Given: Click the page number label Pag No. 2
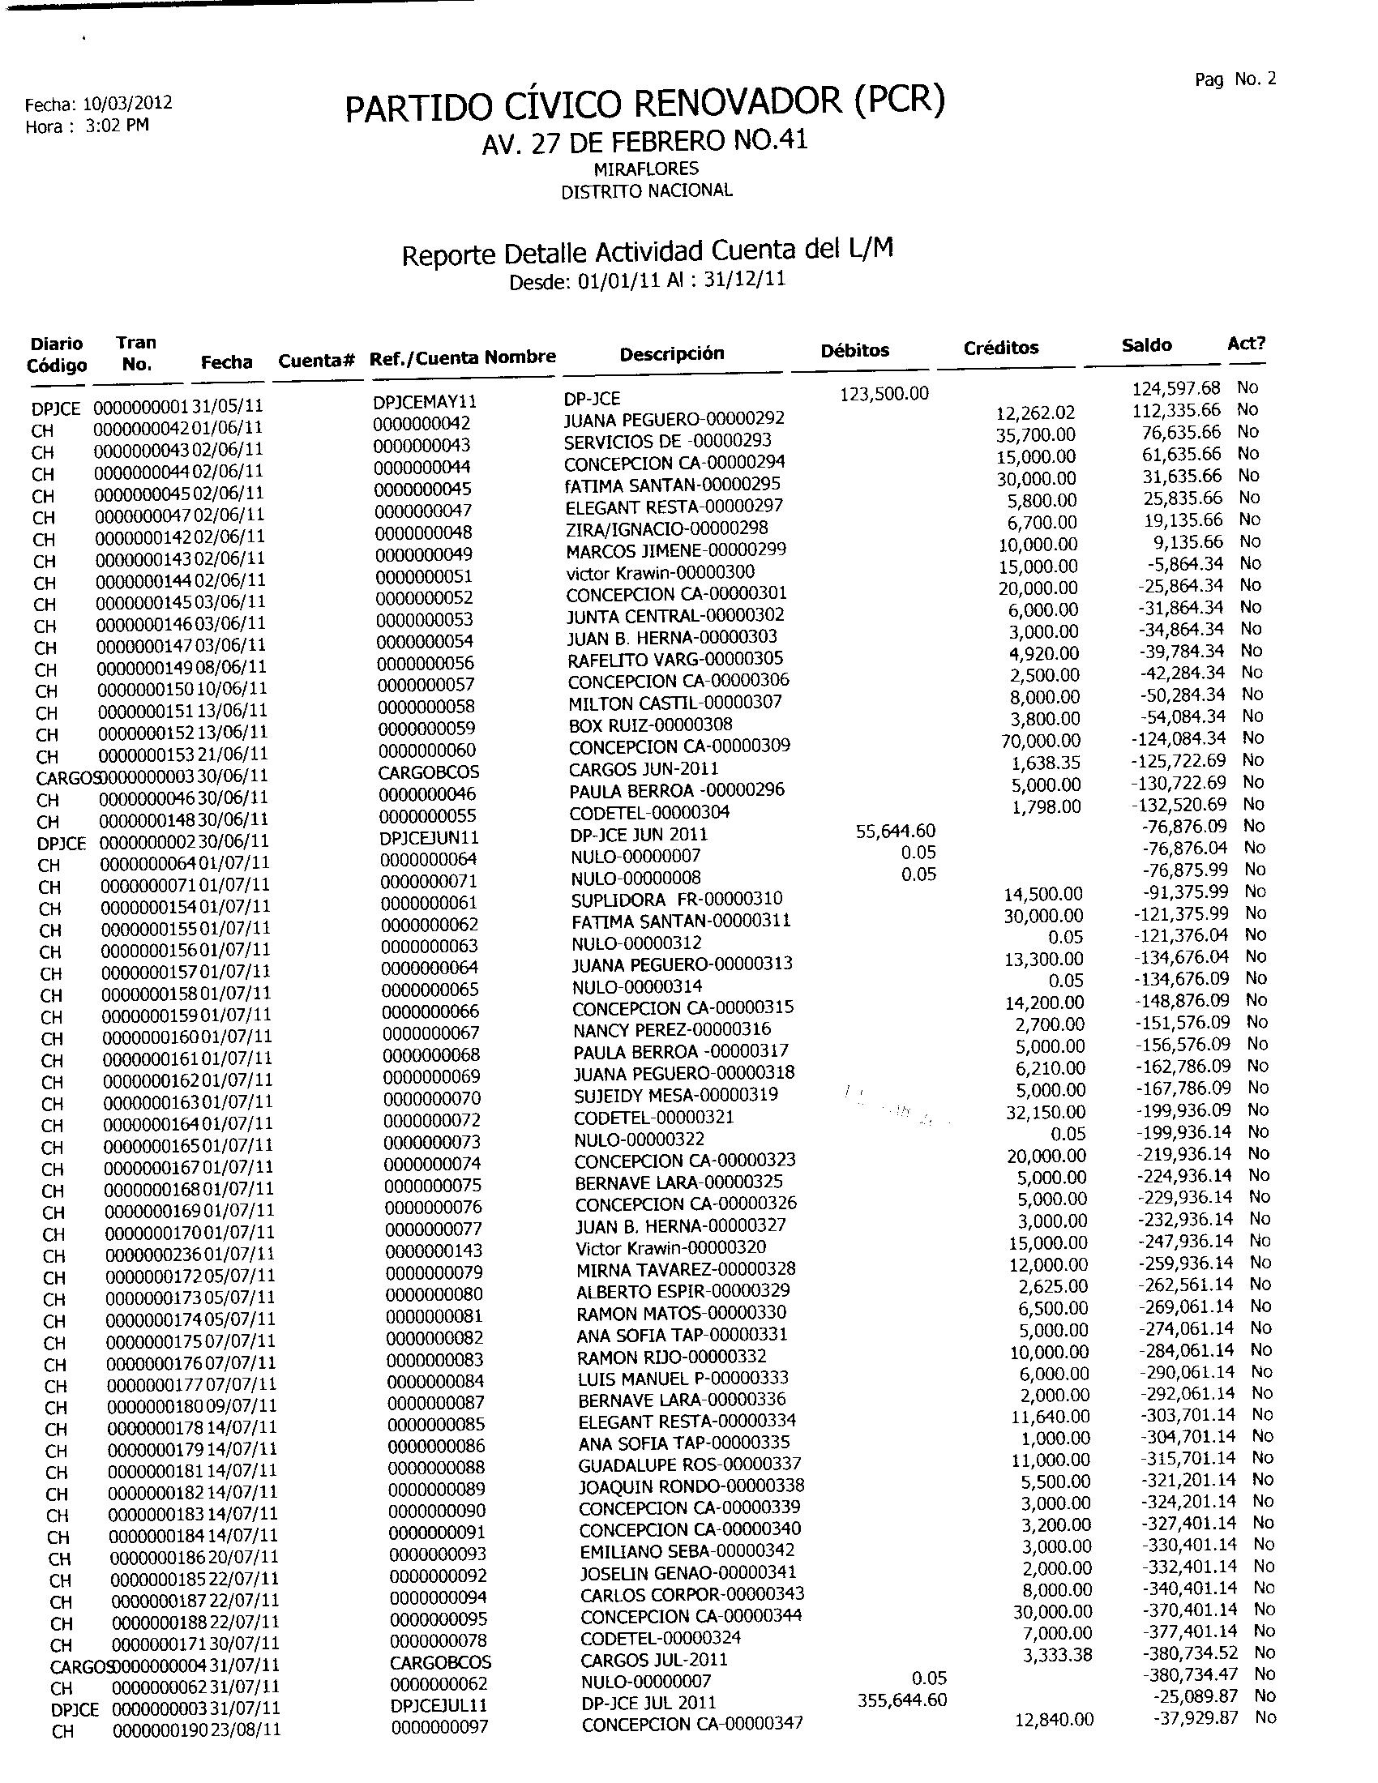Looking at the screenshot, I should (1235, 79).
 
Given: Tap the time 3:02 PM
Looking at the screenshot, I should (117, 126).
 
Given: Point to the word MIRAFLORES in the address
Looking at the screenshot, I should (646, 169).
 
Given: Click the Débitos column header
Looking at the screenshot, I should (854, 350).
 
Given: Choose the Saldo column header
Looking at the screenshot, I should (1146, 345).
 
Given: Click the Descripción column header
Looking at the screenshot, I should (672, 353).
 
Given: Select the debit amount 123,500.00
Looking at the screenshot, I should (884, 394).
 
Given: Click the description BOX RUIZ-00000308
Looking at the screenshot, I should (651, 724).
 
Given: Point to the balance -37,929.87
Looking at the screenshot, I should (1195, 1717).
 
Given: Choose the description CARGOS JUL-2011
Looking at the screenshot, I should (654, 1660).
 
